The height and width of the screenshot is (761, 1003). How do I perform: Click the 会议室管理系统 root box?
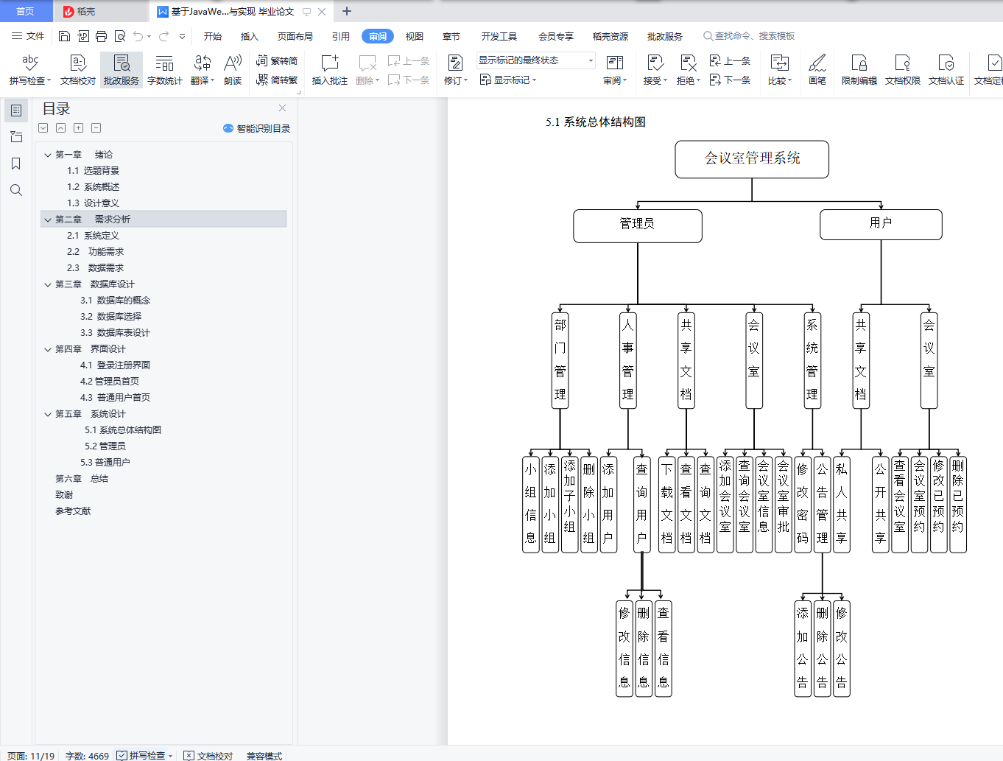pos(752,159)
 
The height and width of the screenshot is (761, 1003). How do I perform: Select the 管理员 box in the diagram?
pos(638,225)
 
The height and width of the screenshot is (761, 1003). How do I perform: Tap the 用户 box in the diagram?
pos(881,224)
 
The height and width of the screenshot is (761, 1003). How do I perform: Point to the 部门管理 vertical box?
pos(560,360)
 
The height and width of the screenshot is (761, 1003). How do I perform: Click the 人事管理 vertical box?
pos(627,360)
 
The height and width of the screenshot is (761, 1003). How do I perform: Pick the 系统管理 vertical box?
pos(812,360)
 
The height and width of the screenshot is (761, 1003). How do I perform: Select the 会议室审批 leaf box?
pos(783,504)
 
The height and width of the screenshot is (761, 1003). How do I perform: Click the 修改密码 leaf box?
pos(802,504)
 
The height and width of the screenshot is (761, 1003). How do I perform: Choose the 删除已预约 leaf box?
pos(957,504)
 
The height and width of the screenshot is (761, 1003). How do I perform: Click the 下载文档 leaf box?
pos(666,504)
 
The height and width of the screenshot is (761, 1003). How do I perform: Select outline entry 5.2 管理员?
pos(110,446)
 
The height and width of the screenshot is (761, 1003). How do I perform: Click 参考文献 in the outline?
pos(73,511)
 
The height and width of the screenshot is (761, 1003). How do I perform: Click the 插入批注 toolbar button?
pos(329,70)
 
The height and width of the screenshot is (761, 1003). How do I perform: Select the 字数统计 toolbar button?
pos(164,70)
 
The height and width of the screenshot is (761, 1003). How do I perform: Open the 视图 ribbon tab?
pos(415,36)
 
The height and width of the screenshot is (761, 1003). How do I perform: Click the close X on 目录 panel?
pos(282,108)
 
